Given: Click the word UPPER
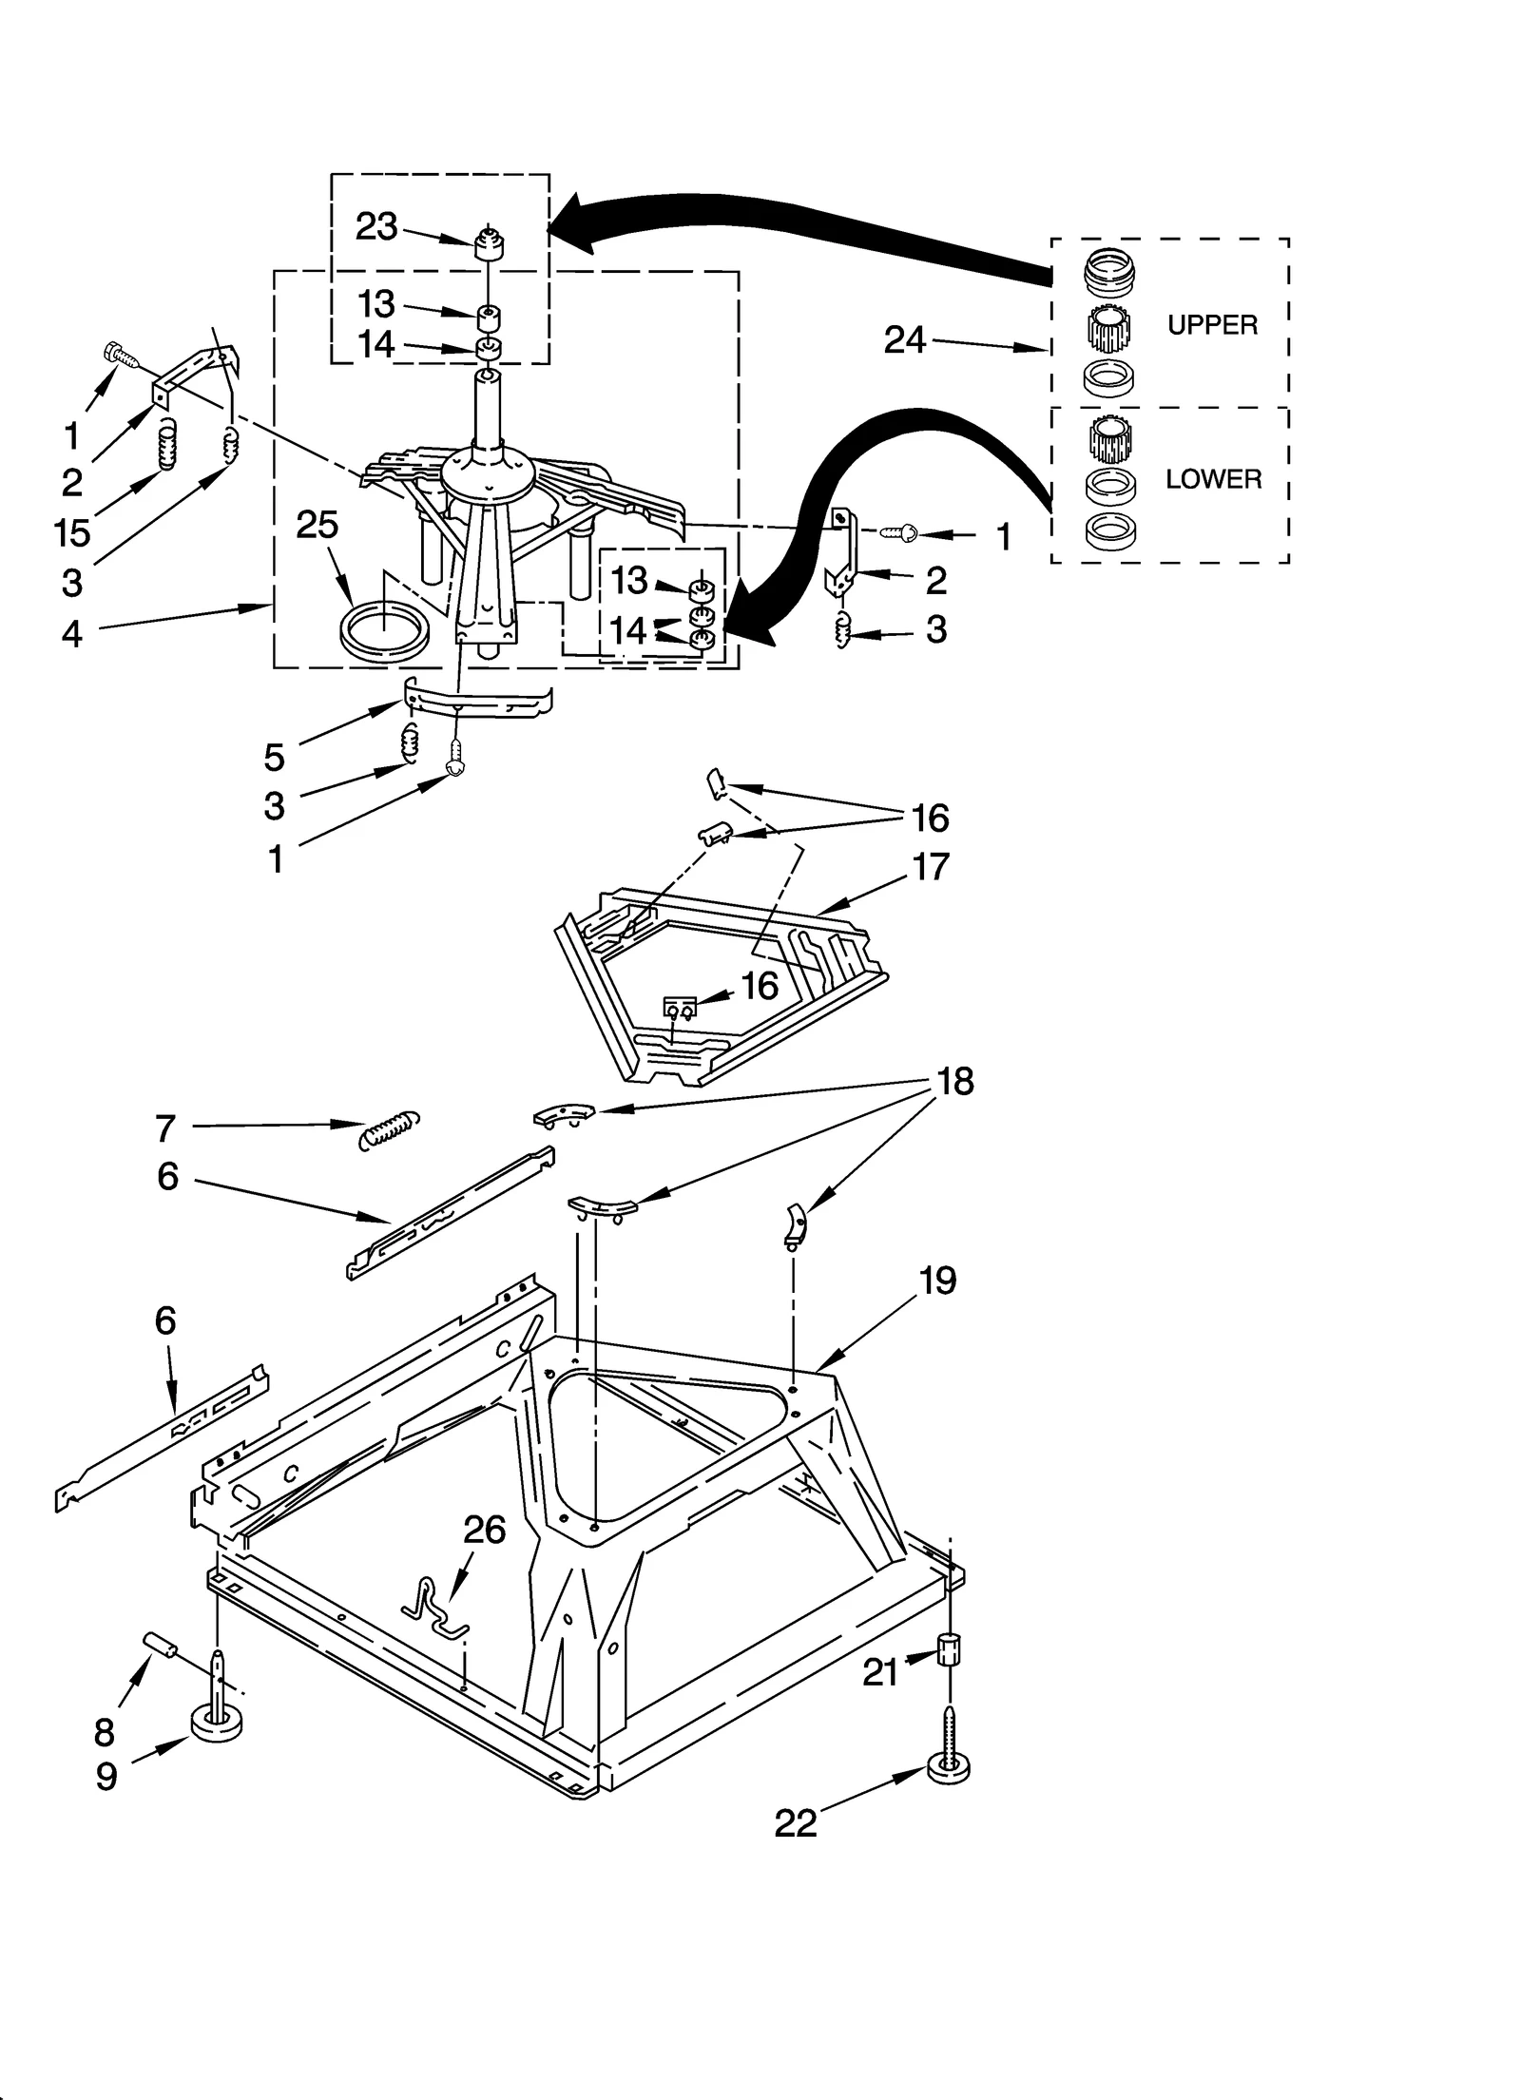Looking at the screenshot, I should pyautogui.click(x=1211, y=325).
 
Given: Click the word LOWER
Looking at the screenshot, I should pyautogui.click(x=1213, y=479).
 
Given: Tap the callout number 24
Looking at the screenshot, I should pyautogui.click(x=904, y=339).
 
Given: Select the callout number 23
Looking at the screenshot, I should pyautogui.click(x=376, y=226).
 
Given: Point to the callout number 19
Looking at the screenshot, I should pyautogui.click(x=937, y=1281).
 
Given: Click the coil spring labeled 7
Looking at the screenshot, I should pyautogui.click(x=390, y=1129).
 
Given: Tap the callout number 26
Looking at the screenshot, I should pyautogui.click(x=484, y=1530).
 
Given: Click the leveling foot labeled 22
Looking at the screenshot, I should pyautogui.click(x=949, y=1766).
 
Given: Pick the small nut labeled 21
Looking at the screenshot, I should pyautogui.click(x=948, y=1648).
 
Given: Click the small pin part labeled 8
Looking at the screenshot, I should pyautogui.click(x=161, y=1644).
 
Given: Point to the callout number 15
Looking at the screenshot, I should pyautogui.click(x=72, y=532).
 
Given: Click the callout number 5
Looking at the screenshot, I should pyautogui.click(x=274, y=757).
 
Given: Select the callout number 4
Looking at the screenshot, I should pyautogui.click(x=72, y=632).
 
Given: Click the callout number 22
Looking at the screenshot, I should pyautogui.click(x=796, y=1822).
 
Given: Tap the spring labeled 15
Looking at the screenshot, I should pyautogui.click(x=167, y=446).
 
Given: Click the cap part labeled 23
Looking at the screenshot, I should pyautogui.click(x=489, y=244).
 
